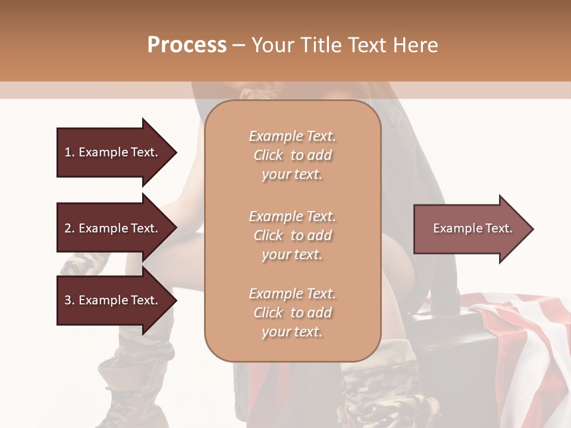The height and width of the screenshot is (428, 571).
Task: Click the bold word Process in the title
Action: (187, 45)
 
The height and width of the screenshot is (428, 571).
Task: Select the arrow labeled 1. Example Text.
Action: (113, 152)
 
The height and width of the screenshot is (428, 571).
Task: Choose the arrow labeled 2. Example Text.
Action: (113, 228)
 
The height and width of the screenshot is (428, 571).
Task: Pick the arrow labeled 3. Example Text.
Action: (113, 300)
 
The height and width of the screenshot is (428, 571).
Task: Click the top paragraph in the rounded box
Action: (292, 155)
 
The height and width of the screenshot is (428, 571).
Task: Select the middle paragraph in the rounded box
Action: (292, 235)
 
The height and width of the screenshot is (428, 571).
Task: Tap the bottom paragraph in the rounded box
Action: (292, 313)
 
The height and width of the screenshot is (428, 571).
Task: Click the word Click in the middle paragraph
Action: (268, 235)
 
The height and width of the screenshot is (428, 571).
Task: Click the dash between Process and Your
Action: (239, 45)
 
